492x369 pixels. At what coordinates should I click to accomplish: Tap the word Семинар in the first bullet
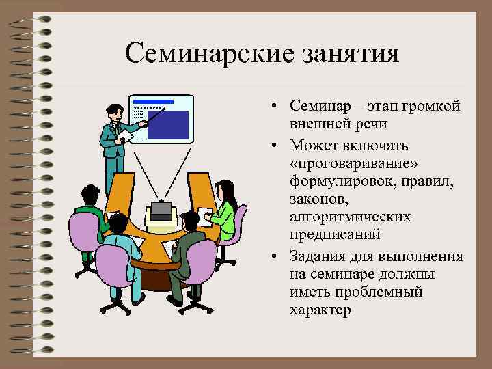(x=318, y=107)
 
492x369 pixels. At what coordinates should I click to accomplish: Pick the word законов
(x=315, y=197)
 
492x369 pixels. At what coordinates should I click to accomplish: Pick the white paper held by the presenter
(x=126, y=137)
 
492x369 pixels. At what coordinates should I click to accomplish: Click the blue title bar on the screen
(x=154, y=102)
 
